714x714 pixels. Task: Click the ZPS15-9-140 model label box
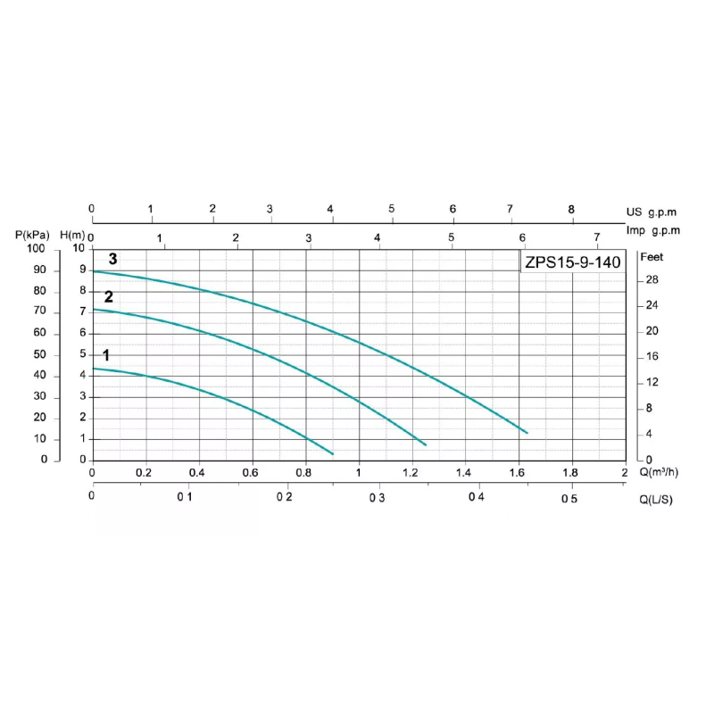(571, 262)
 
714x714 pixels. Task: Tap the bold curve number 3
(113, 259)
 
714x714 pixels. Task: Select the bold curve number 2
(109, 297)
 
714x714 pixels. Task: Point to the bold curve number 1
(105, 355)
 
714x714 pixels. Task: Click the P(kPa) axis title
(33, 235)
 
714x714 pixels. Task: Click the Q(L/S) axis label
(655, 499)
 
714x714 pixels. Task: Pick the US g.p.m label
(652, 212)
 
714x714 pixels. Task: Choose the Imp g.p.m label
(652, 230)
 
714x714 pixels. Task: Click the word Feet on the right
(652, 257)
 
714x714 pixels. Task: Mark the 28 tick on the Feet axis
(652, 280)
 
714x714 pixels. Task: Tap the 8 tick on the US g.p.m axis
(572, 209)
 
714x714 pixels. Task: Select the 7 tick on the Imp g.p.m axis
(597, 237)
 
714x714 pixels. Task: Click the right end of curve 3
(527, 433)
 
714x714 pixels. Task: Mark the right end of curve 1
(332, 454)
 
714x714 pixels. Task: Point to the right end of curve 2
(426, 444)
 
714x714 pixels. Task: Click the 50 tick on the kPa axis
(38, 354)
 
